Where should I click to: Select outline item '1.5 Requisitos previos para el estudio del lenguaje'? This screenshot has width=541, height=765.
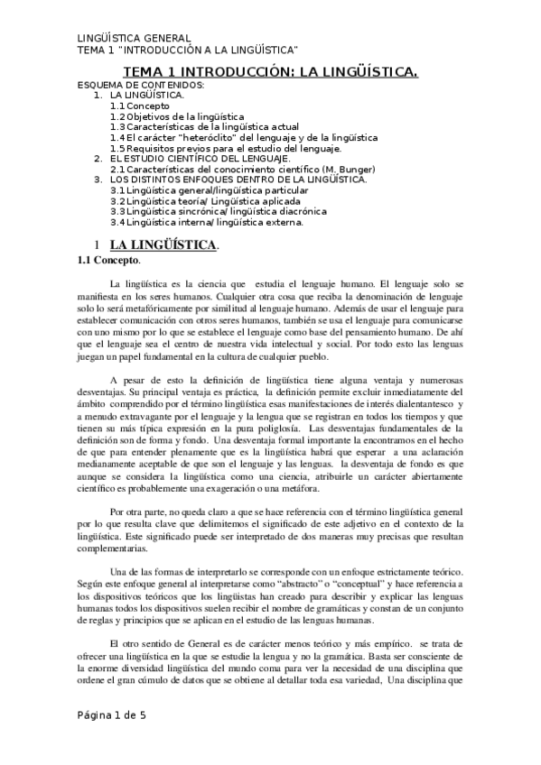coord(226,148)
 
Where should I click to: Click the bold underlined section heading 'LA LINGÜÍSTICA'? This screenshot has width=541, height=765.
coord(163,244)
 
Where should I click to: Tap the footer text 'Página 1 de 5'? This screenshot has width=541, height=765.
coord(110,742)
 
